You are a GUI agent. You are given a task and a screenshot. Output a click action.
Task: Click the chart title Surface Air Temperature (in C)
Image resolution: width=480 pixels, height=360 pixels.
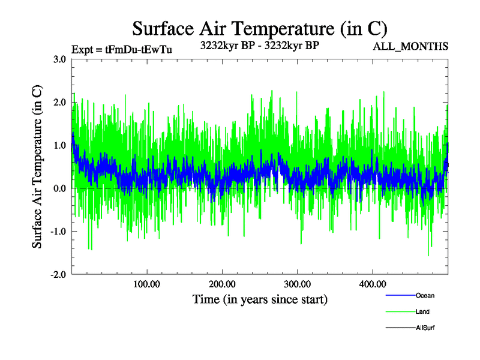click(260, 28)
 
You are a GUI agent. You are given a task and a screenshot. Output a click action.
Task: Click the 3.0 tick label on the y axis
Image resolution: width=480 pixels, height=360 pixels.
click(59, 59)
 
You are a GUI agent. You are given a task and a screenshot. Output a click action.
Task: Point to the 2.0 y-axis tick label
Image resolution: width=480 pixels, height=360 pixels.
click(59, 103)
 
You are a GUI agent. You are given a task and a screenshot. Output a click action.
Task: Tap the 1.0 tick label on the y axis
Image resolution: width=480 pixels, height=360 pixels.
click(59, 145)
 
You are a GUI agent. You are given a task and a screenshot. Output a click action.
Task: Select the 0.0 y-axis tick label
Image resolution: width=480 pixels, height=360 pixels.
click(59, 188)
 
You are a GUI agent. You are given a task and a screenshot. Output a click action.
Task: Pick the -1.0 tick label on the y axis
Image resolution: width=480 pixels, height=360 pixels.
click(58, 232)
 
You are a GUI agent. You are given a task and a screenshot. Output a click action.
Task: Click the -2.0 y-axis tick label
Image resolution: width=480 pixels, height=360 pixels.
click(58, 274)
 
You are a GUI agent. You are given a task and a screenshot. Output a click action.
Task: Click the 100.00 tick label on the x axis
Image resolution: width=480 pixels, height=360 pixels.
click(147, 284)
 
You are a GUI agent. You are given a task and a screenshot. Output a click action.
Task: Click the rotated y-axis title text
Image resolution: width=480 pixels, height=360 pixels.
click(37, 167)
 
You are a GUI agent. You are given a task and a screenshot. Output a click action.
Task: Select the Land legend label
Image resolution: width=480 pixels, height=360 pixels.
click(422, 311)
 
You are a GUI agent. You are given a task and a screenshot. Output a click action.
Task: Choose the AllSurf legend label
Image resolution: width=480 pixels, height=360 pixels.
click(425, 328)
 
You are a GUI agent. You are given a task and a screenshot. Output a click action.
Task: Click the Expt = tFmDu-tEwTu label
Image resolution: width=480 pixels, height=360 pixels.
click(122, 50)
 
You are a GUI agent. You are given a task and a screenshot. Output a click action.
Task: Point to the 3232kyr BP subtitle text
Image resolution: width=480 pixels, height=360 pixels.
click(259, 46)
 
